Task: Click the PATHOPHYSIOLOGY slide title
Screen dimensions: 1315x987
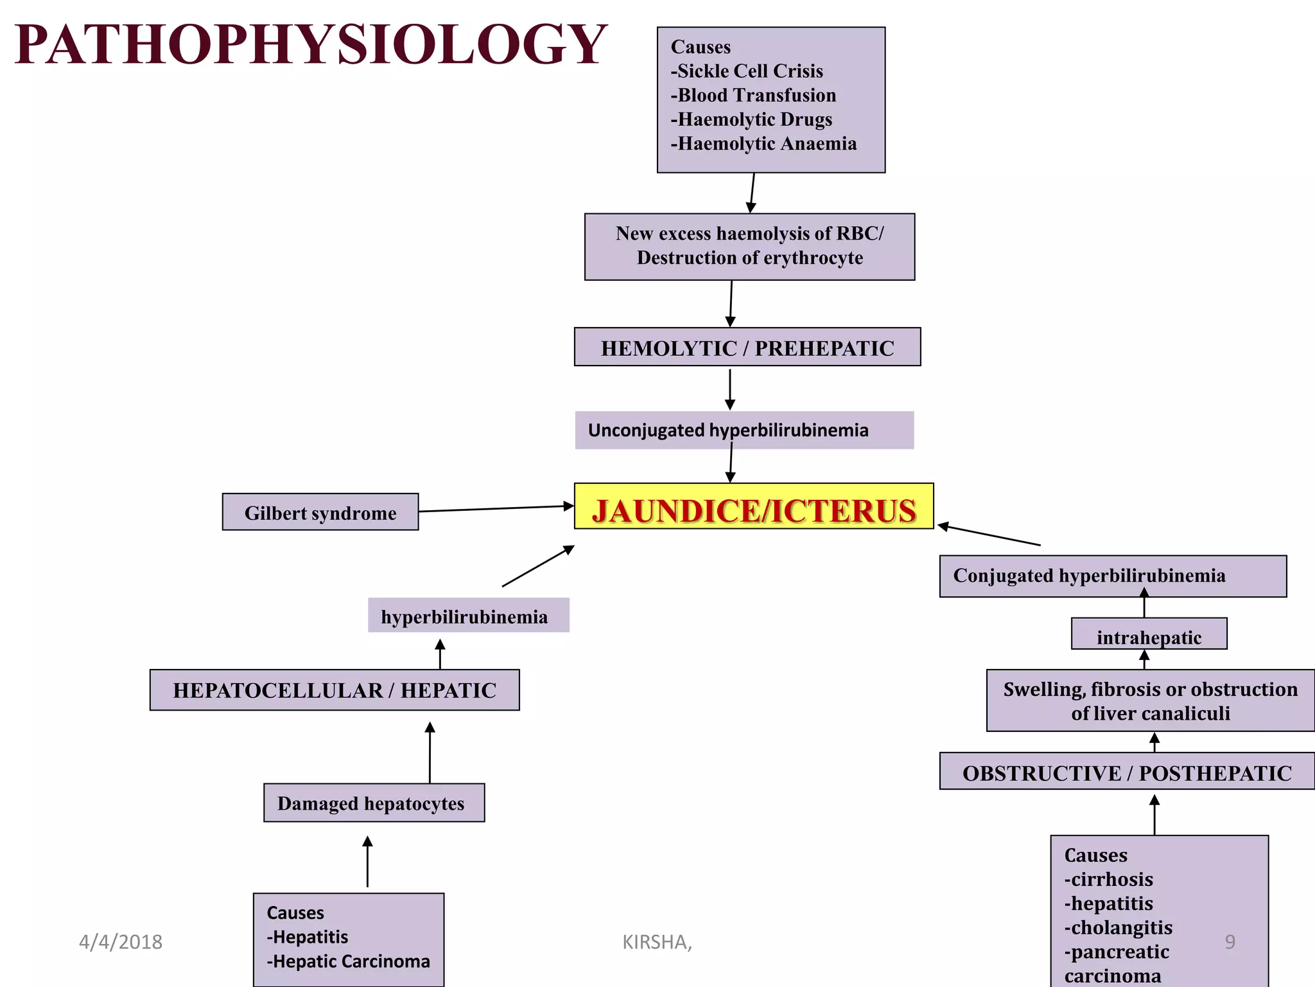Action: [x=310, y=44]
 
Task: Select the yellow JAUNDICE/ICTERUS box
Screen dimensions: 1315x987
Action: [x=754, y=506]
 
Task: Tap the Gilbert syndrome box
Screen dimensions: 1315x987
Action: [x=320, y=512]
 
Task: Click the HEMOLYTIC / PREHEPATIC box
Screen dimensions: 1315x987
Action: [x=747, y=347]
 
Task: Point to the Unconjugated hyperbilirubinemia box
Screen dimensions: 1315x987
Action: [x=744, y=430]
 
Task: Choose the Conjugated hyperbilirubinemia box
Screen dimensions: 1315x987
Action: [x=1113, y=576]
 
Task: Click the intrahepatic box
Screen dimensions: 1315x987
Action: [x=1149, y=634]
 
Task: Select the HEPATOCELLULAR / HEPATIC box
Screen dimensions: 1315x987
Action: [x=335, y=690]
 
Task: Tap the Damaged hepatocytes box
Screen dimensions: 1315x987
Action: [x=374, y=803]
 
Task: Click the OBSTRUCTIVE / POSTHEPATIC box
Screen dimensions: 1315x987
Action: [x=1127, y=771]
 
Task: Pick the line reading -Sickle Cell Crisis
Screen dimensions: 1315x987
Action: [x=747, y=71]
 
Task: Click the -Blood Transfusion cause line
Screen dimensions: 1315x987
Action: [x=753, y=95]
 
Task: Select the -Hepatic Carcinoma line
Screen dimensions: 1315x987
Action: [x=349, y=961]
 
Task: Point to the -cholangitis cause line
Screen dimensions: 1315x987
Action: [x=1119, y=927]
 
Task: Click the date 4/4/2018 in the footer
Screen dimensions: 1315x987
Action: [x=121, y=942]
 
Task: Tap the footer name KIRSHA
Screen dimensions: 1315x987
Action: [x=657, y=942]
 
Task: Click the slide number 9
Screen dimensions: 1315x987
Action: [x=1230, y=942]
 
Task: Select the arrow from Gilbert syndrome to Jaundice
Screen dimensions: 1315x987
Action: [x=496, y=509]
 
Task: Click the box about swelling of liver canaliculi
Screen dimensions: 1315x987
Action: [x=1151, y=700]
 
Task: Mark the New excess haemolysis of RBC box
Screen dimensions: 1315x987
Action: [x=750, y=247]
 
